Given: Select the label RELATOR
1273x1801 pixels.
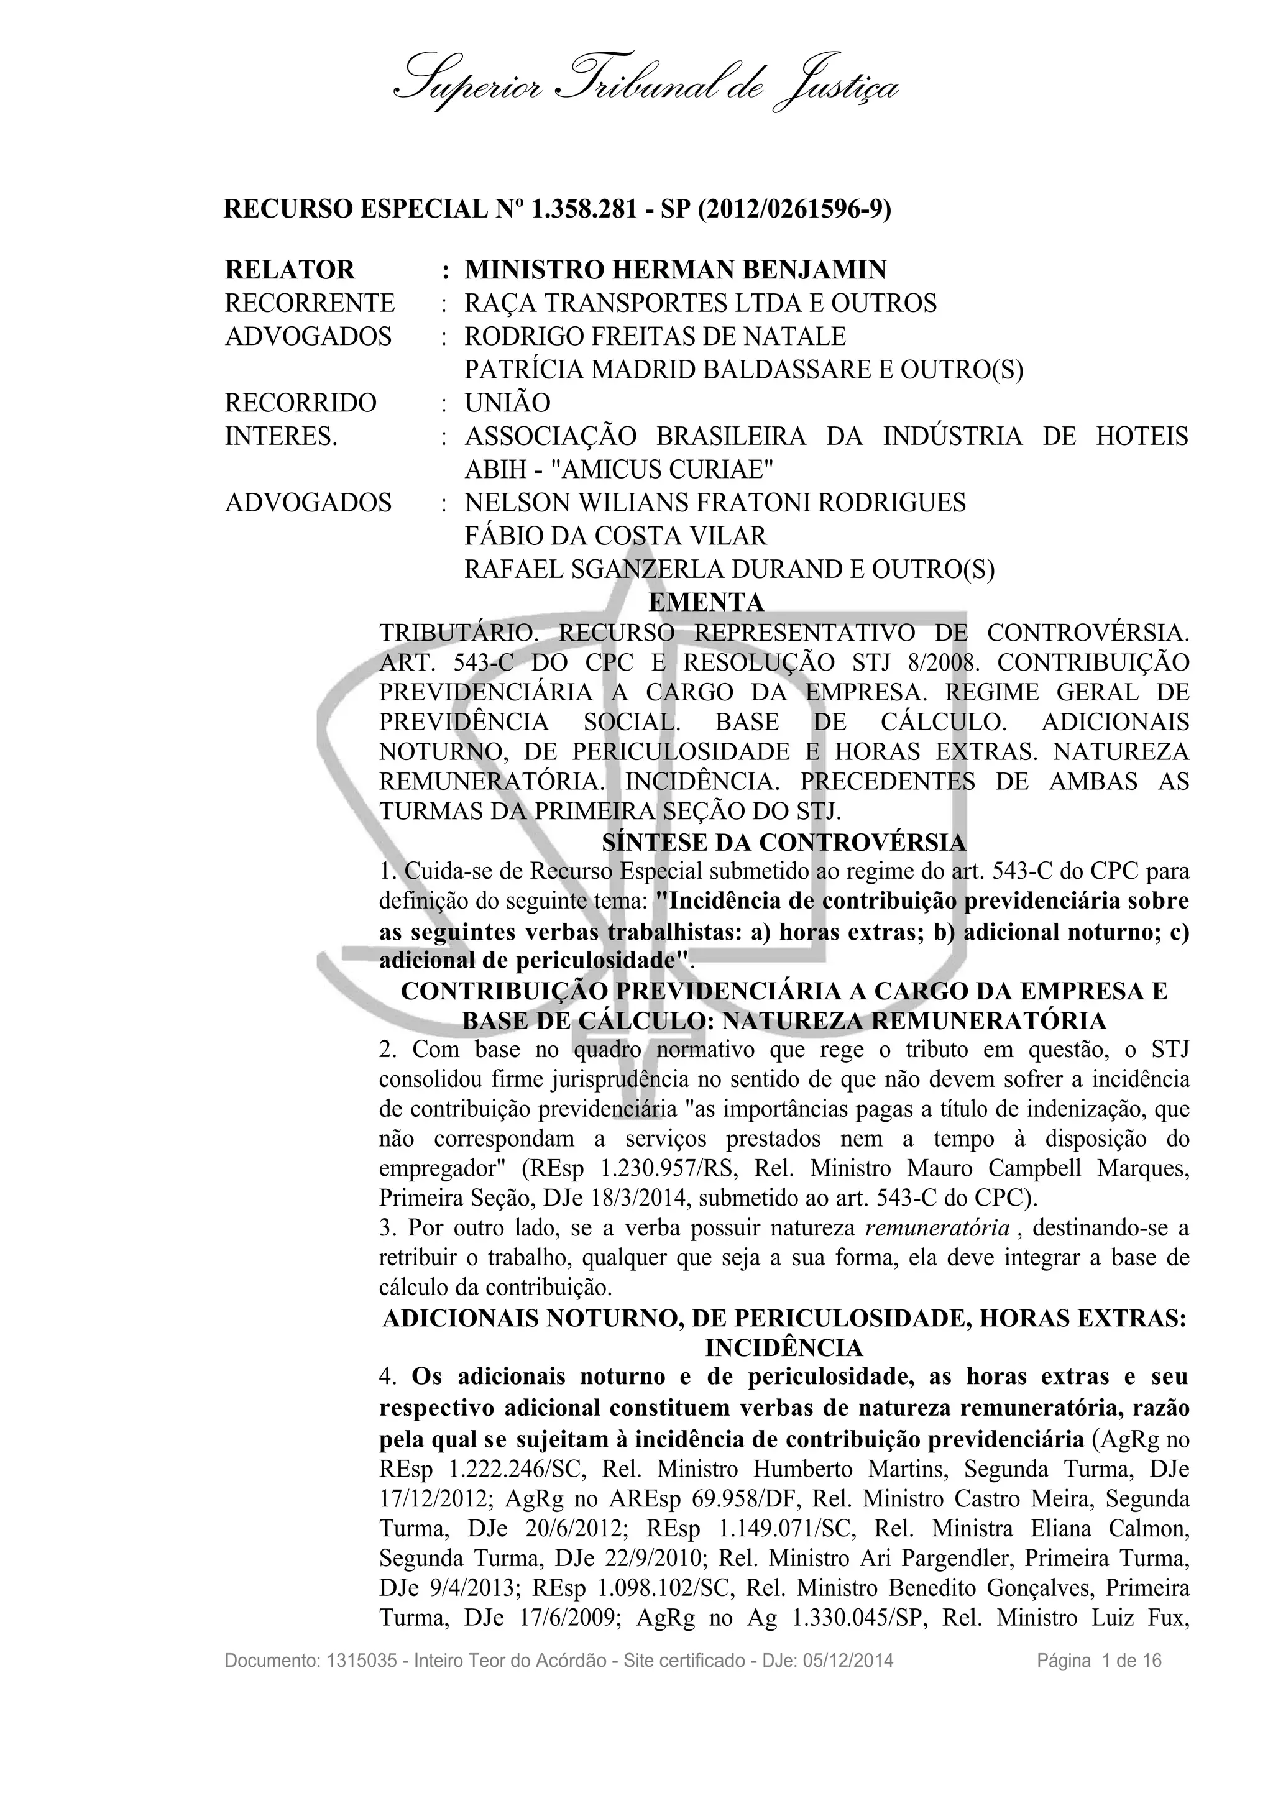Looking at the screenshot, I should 290,270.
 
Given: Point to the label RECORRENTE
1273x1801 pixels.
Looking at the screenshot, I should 310,303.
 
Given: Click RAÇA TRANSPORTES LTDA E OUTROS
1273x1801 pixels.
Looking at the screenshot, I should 701,303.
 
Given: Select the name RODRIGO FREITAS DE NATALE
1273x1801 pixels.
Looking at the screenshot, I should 655,336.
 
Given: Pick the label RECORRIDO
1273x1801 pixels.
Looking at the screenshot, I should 300,403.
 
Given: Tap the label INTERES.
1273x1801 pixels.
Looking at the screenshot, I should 281,436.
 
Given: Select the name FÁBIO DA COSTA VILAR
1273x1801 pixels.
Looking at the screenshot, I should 615,536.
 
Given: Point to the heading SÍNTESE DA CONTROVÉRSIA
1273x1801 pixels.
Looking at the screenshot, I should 784,843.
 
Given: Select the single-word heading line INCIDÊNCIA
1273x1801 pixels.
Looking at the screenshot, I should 784,1349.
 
